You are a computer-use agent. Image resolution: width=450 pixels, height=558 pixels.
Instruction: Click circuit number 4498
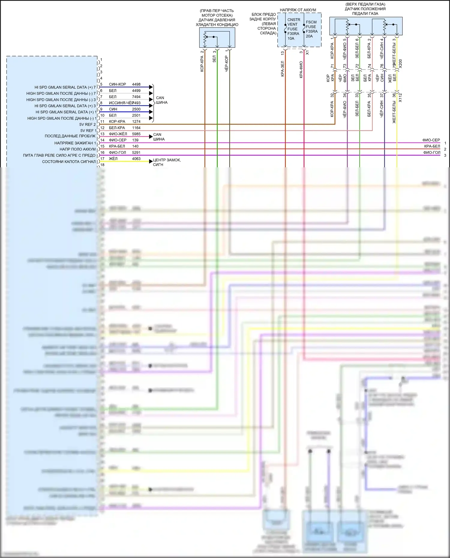pyautogui.click(x=136, y=84)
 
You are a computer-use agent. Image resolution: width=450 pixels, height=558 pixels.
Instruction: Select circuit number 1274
pyautogui.click(x=136, y=121)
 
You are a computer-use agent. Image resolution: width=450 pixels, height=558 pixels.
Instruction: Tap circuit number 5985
pyautogui.click(x=136, y=134)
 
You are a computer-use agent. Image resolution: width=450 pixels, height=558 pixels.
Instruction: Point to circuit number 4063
pyautogui.click(x=136, y=159)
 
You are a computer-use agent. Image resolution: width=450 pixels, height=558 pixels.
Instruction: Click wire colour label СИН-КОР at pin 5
pyautogui.click(x=117, y=84)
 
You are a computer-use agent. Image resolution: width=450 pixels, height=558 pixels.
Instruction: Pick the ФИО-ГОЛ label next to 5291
pyautogui.click(x=117, y=152)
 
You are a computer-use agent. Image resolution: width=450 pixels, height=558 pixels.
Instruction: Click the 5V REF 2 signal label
pyautogui.click(x=87, y=124)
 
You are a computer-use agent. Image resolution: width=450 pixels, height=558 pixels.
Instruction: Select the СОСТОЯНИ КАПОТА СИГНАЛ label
pyautogui.click(x=69, y=162)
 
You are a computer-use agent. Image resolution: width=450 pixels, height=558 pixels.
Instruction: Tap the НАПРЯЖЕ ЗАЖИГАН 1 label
pyautogui.click(x=75, y=143)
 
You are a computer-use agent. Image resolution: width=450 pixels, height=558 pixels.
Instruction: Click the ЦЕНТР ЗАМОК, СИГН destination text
pyautogui.click(x=166, y=162)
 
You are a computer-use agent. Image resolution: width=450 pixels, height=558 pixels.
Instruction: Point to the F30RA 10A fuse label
pyautogui.click(x=293, y=36)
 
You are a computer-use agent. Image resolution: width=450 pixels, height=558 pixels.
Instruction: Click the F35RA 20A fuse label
pyautogui.click(x=312, y=34)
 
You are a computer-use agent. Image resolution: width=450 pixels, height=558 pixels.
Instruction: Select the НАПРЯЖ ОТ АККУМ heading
pyautogui.click(x=298, y=10)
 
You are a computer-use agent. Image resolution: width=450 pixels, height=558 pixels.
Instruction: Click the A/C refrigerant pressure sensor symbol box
pyautogui.click(x=217, y=38)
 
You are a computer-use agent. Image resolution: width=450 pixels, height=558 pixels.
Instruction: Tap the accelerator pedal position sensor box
pyautogui.click(x=366, y=26)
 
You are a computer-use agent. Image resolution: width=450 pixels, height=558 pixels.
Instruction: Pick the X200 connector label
pyautogui.click(x=400, y=63)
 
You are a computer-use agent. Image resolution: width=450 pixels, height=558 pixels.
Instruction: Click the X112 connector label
pyautogui.click(x=400, y=97)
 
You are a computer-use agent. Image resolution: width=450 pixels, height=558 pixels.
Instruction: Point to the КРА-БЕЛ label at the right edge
pyautogui.click(x=432, y=146)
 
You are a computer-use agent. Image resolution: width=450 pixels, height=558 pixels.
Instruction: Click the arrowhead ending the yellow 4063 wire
pyautogui.click(x=151, y=161)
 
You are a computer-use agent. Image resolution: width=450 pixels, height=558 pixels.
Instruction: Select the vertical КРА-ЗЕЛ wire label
pyautogui.click(x=282, y=69)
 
